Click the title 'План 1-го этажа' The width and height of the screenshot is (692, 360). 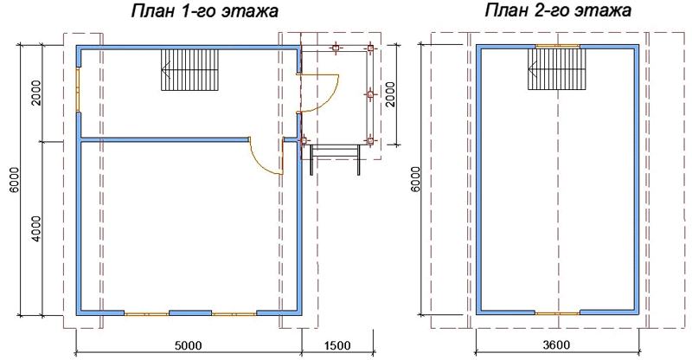(205, 10)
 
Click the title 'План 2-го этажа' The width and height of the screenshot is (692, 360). (558, 10)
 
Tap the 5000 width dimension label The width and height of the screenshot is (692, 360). (189, 344)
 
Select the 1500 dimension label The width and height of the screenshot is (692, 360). (337, 344)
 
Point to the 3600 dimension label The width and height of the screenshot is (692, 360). (555, 344)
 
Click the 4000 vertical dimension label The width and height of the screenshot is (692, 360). (36, 228)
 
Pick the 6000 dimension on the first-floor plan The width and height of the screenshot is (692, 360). (14, 181)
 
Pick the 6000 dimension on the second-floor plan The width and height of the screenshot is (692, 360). (415, 180)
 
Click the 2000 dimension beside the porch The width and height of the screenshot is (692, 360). (390, 94)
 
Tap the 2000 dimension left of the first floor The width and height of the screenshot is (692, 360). (36, 93)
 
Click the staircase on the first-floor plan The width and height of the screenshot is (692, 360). (190, 70)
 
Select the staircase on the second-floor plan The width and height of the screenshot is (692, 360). (557, 69)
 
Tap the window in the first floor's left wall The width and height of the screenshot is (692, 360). (78, 90)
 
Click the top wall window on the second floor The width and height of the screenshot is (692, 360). (558, 46)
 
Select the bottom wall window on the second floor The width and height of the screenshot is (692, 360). (558, 312)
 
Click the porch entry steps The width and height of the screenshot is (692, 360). (336, 159)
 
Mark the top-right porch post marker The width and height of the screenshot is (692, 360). (371, 48)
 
